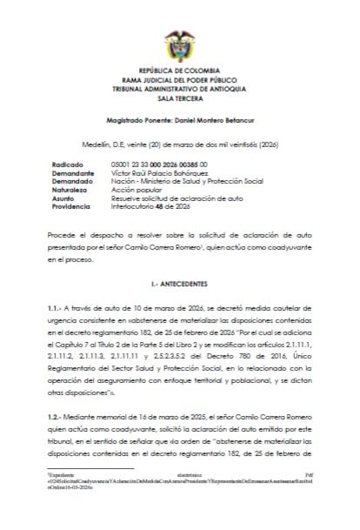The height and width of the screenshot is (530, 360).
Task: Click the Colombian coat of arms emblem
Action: pyautogui.click(x=180, y=44)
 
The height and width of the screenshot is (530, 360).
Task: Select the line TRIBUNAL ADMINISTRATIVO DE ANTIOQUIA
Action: pyautogui.click(x=180, y=87)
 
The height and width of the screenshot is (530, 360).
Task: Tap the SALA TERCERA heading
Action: pyautogui.click(x=180, y=97)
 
